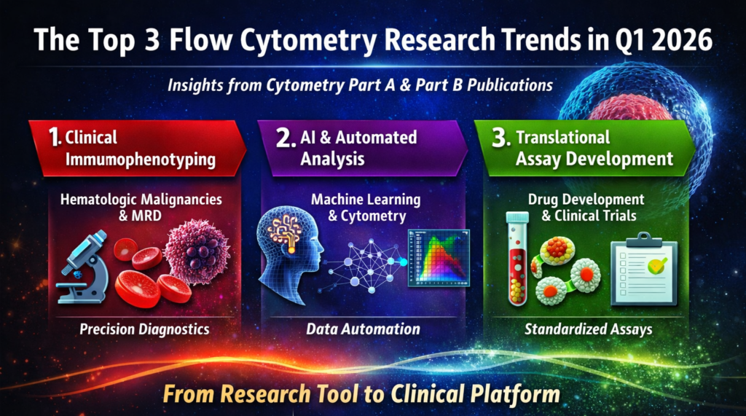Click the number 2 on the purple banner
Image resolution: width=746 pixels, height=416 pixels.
(286, 138)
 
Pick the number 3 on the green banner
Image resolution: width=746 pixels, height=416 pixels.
(501, 138)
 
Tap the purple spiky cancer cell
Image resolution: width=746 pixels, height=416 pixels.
(197, 251)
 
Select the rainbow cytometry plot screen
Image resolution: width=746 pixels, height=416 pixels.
(439, 257)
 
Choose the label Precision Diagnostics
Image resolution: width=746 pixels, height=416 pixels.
(144, 329)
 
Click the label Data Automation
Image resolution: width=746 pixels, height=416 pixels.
(363, 329)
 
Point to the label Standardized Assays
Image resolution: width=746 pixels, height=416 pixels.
(588, 329)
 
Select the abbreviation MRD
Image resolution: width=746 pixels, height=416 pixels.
(146, 216)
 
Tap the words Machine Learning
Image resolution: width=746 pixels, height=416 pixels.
(366, 199)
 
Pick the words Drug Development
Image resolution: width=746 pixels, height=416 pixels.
(586, 199)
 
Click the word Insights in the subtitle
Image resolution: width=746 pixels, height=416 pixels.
(195, 85)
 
